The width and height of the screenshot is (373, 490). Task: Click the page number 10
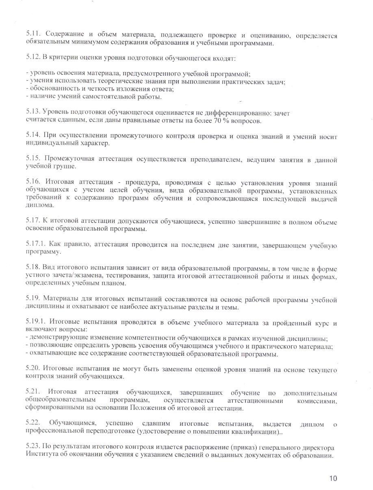(333, 478)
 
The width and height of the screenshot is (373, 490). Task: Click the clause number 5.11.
(33, 36)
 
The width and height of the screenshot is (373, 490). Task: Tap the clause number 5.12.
(33, 58)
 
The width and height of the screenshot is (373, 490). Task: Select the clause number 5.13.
(33, 113)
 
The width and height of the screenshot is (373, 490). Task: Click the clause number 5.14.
(33, 136)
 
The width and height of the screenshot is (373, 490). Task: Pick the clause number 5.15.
(33, 159)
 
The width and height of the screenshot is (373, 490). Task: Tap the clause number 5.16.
(33, 183)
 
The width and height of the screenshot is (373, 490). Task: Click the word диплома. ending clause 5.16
(37, 206)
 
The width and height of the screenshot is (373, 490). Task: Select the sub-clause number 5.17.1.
(35, 244)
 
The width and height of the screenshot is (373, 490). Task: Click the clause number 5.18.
(33, 268)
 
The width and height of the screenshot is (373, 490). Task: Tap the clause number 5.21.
(33, 392)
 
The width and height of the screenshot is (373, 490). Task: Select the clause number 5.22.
(33, 424)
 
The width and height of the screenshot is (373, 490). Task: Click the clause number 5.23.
(33, 447)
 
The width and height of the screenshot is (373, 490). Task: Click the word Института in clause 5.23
(40, 455)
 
